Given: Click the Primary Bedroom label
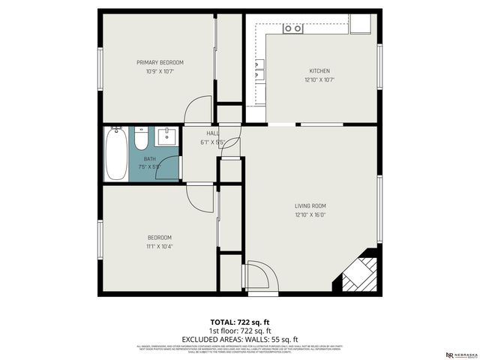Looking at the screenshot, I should [160, 62].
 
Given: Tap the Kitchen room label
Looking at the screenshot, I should [319, 70].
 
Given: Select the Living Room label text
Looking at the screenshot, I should [310, 205].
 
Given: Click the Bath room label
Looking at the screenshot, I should [150, 158].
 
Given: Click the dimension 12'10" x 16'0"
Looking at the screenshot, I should [310, 214].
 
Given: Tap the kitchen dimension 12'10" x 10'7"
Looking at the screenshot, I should [319, 79].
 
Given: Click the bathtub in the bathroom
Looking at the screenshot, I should [115, 154].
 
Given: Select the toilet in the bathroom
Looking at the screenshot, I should [141, 139].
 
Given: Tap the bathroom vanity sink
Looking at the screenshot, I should [166, 137].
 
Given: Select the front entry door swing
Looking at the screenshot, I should [259, 275].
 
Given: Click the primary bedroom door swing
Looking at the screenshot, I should [199, 110].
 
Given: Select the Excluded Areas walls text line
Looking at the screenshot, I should [240, 338].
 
